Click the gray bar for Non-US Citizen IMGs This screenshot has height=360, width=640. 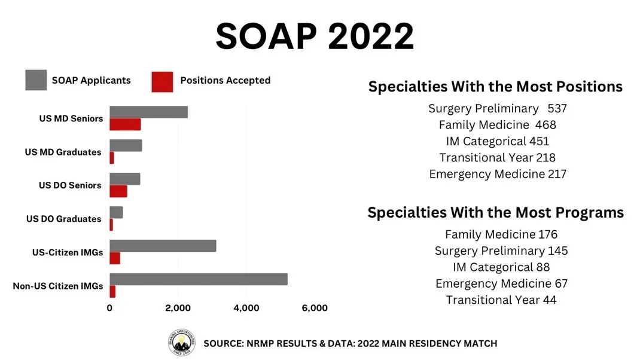(198, 279)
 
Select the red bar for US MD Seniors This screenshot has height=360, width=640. (125, 124)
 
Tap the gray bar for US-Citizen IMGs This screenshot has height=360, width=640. (163, 246)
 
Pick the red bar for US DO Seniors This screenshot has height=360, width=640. (118, 191)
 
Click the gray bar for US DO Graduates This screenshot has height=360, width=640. (116, 212)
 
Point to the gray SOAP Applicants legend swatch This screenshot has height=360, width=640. (36, 81)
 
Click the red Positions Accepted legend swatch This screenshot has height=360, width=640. (162, 81)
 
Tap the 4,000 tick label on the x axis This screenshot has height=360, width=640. (246, 308)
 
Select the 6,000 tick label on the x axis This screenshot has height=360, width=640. (315, 308)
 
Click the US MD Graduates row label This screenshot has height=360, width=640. (63, 152)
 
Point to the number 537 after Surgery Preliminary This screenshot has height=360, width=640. (557, 109)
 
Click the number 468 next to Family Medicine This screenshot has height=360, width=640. (545, 125)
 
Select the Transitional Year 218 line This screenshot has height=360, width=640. (497, 158)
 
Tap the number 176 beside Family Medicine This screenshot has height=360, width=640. (547, 234)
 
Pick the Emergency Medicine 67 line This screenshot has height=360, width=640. (501, 283)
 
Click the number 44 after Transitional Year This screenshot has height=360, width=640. (550, 300)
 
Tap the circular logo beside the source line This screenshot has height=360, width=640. (181, 343)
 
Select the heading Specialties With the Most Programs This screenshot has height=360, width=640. (495, 212)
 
